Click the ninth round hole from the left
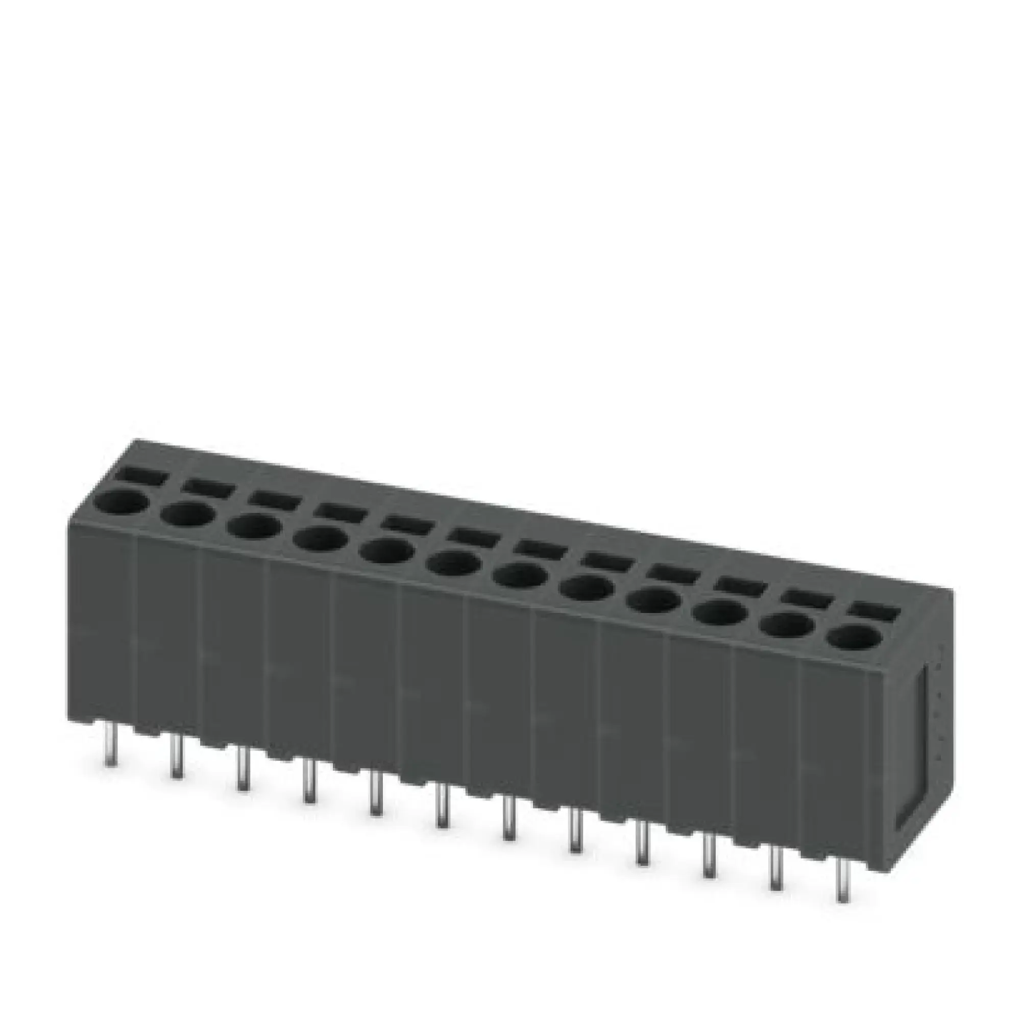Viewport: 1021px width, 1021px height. (x=654, y=601)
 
